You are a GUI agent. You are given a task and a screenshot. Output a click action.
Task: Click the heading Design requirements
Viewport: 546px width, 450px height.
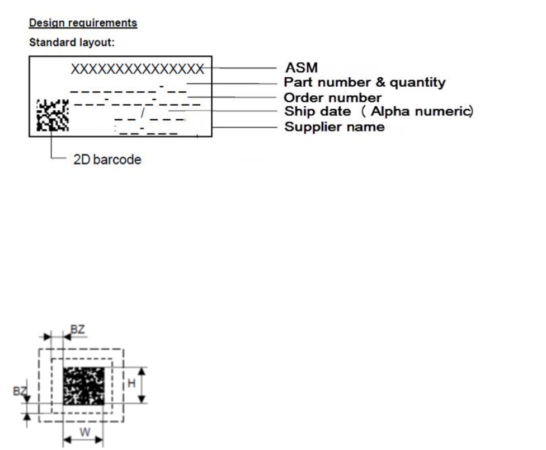click(83, 23)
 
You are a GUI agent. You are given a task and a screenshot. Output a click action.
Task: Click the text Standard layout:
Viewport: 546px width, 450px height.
click(72, 42)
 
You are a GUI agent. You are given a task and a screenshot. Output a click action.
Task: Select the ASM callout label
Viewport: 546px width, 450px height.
click(301, 68)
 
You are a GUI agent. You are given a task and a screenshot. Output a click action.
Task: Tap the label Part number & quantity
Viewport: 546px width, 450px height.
click(365, 83)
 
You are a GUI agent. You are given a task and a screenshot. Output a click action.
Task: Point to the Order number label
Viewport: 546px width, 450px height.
click(333, 98)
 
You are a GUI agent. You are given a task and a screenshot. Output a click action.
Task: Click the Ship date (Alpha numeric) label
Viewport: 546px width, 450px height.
click(379, 111)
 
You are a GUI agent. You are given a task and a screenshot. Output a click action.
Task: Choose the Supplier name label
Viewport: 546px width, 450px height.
click(335, 126)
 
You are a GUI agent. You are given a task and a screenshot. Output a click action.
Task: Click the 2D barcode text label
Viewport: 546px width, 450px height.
click(107, 160)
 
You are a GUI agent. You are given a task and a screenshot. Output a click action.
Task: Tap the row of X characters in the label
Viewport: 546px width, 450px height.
click(137, 69)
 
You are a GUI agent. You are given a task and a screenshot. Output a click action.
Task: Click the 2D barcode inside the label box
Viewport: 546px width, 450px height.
click(53, 115)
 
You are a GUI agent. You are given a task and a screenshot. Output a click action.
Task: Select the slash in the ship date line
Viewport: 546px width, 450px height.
click(143, 114)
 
